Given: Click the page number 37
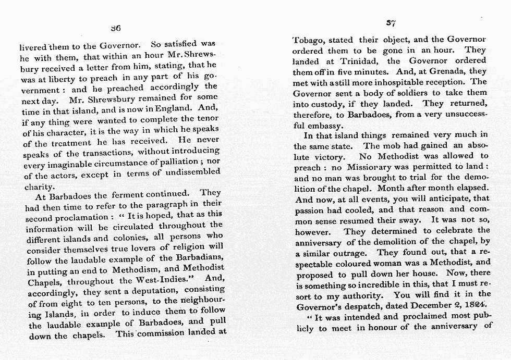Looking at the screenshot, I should click(x=392, y=23).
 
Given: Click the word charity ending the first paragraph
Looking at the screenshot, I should click(x=40, y=186).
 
